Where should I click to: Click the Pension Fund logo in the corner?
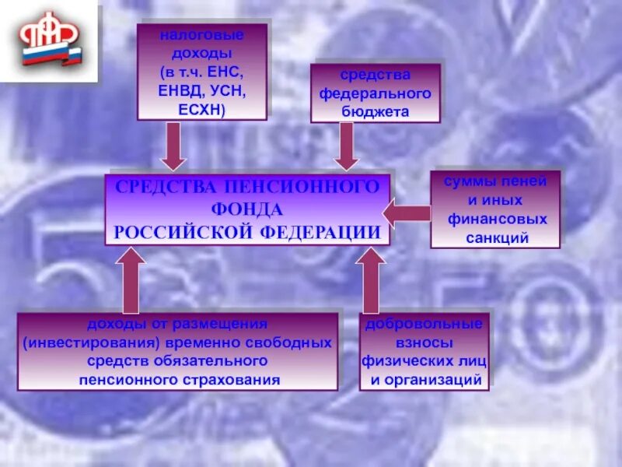[51, 44]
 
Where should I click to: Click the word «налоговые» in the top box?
[202, 36]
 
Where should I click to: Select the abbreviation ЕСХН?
[201, 110]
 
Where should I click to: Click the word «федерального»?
[376, 93]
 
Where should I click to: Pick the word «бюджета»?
[376, 111]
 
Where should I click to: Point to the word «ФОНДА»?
[246, 209]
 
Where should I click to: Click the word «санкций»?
[497, 238]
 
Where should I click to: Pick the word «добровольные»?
[425, 324]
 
